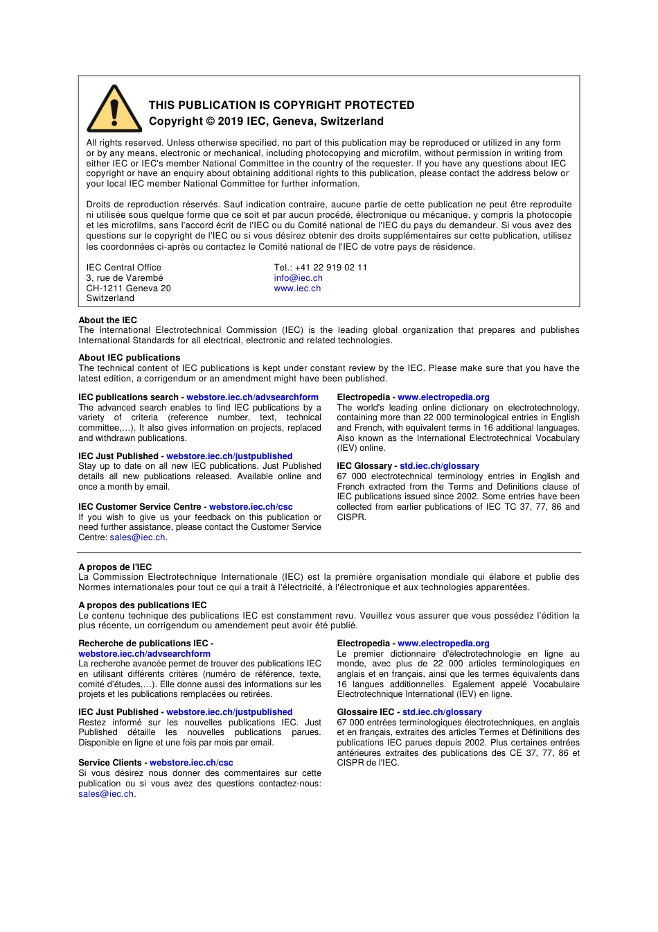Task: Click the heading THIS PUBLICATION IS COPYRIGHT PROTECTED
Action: pos(281,105)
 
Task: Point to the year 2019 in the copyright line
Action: pos(231,121)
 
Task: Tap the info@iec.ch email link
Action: pos(298,278)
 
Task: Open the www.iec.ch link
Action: pos(297,288)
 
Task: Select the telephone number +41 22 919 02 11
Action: pos(331,268)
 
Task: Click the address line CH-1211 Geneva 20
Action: pos(128,288)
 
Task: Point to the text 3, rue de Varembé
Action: pos(125,278)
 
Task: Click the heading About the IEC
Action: pos(107,320)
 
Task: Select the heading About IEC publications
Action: pos(129,358)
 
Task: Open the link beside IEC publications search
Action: pos(252,397)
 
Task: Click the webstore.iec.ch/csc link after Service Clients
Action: pos(191,763)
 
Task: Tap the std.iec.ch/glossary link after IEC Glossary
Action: pos(439,466)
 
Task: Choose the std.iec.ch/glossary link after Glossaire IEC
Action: pos(442,712)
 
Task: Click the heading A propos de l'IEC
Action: pos(115,567)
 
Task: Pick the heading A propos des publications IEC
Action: pos(142,605)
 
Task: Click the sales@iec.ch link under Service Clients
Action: pos(106,794)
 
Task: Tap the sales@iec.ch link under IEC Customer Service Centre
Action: pos(137,537)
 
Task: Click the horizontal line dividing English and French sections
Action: pos(329,553)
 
